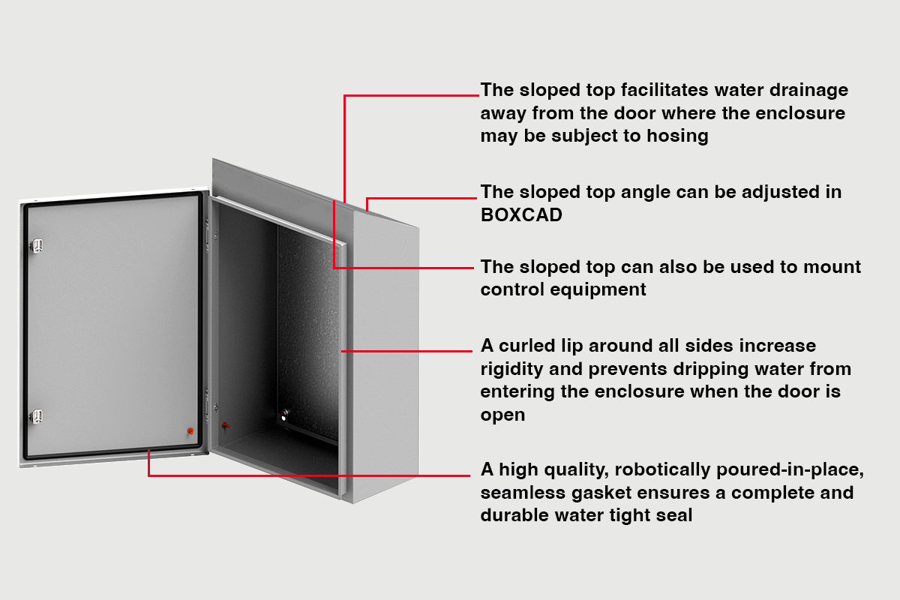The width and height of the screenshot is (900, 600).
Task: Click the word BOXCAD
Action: tap(521, 215)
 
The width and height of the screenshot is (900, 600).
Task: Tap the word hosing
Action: tap(677, 136)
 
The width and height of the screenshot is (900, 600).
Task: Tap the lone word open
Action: tap(502, 415)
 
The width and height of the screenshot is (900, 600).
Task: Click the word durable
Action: tap(514, 515)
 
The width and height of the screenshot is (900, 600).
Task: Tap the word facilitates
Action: tap(664, 89)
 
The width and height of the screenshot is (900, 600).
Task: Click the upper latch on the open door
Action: tap(37, 245)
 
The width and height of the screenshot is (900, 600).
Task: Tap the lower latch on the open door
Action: tap(37, 416)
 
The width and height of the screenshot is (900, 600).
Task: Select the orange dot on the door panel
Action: tap(190, 431)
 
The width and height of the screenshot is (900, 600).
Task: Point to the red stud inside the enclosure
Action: tap(226, 425)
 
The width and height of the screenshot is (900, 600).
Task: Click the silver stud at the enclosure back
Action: tap(284, 415)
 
